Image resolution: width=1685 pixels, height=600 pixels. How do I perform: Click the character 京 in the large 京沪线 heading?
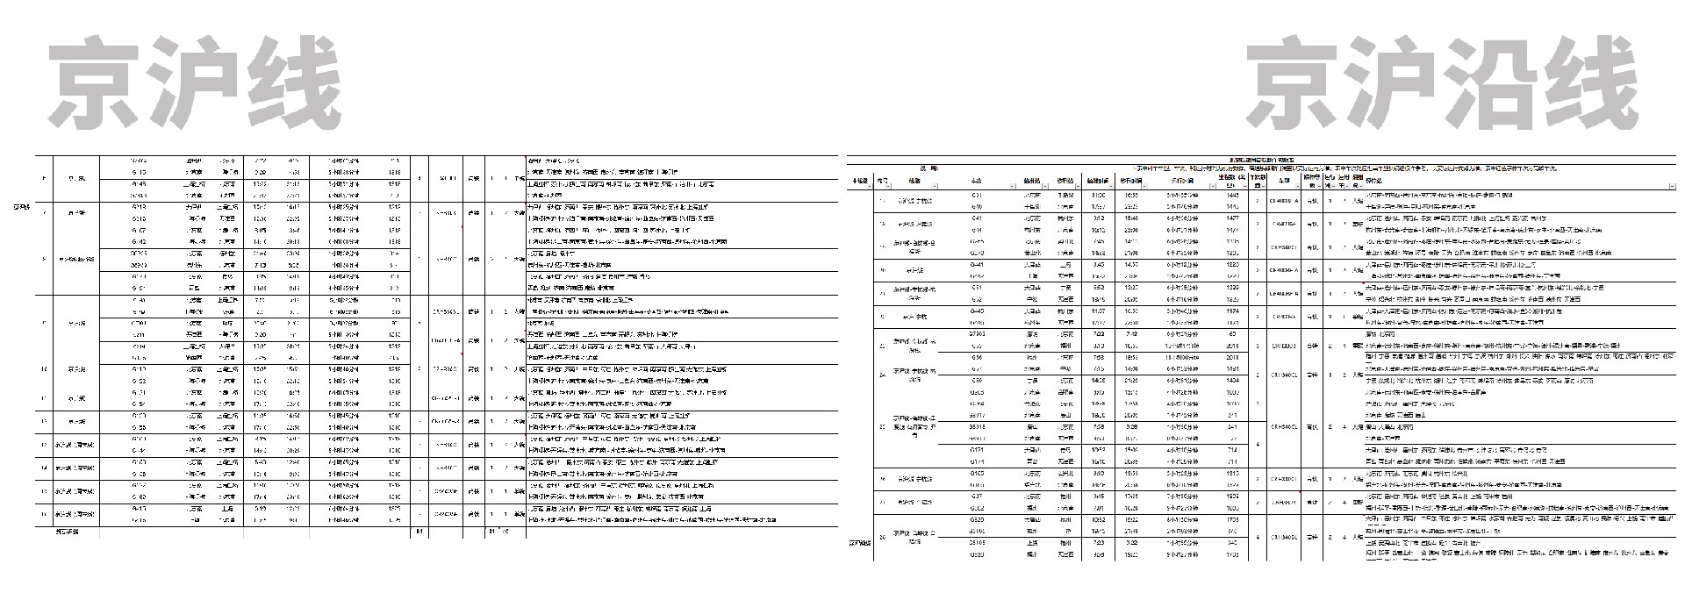(x=95, y=82)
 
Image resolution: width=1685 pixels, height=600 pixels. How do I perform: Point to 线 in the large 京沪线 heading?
(x=291, y=82)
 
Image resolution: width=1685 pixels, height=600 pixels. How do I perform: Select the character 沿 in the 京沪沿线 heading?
(x=1488, y=82)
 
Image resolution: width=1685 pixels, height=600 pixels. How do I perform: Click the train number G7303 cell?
(x=977, y=334)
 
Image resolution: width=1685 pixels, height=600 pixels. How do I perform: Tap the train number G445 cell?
(x=977, y=311)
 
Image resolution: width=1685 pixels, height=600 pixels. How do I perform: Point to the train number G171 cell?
(x=977, y=450)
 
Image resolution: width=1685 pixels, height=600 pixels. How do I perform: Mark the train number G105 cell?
(x=977, y=474)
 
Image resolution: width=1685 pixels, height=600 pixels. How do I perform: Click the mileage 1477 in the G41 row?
(x=1232, y=218)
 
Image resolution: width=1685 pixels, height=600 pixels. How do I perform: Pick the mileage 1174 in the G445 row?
(x=1232, y=311)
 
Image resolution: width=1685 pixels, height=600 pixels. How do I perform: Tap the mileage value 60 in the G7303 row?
(x=1232, y=334)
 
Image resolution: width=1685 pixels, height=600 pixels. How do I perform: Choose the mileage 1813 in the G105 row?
(x=1232, y=474)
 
